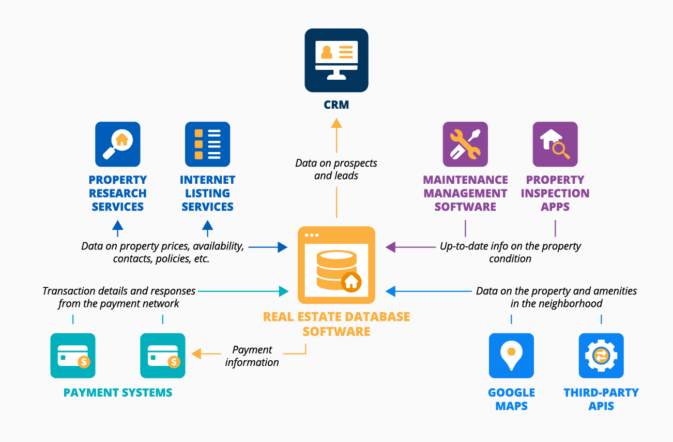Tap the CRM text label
click(336, 105)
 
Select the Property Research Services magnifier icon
click(118, 144)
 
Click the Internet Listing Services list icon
click(207, 144)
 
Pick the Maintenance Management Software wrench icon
click(465, 144)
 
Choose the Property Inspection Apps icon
click(555, 144)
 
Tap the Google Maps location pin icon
click(511, 356)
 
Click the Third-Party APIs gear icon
click(601, 356)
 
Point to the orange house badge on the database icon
click(351, 282)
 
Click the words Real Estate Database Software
click(336, 324)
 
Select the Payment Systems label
click(118, 392)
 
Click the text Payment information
click(252, 356)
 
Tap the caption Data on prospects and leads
click(336, 169)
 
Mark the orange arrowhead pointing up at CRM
click(336, 123)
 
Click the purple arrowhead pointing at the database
click(391, 247)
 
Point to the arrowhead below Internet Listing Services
click(207, 225)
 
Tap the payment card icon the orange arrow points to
click(163, 356)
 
